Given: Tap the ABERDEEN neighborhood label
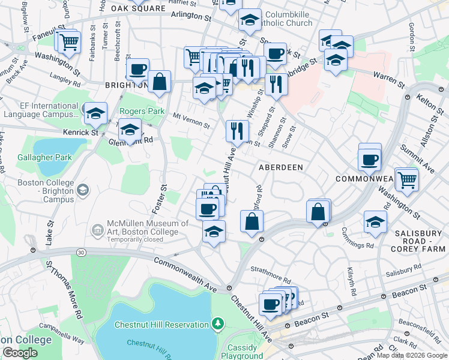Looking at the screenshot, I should (281, 167).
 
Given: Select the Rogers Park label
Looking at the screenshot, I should (142, 112).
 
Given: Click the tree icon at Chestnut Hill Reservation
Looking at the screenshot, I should (217, 325).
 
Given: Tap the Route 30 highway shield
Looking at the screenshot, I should (80, 253).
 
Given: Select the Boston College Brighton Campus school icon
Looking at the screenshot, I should (82, 190).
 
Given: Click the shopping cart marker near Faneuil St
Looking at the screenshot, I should (70, 42).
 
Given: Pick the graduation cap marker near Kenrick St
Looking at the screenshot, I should (94, 113).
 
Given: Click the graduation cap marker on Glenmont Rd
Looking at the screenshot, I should (130, 129).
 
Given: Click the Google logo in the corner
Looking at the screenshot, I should (20, 353).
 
